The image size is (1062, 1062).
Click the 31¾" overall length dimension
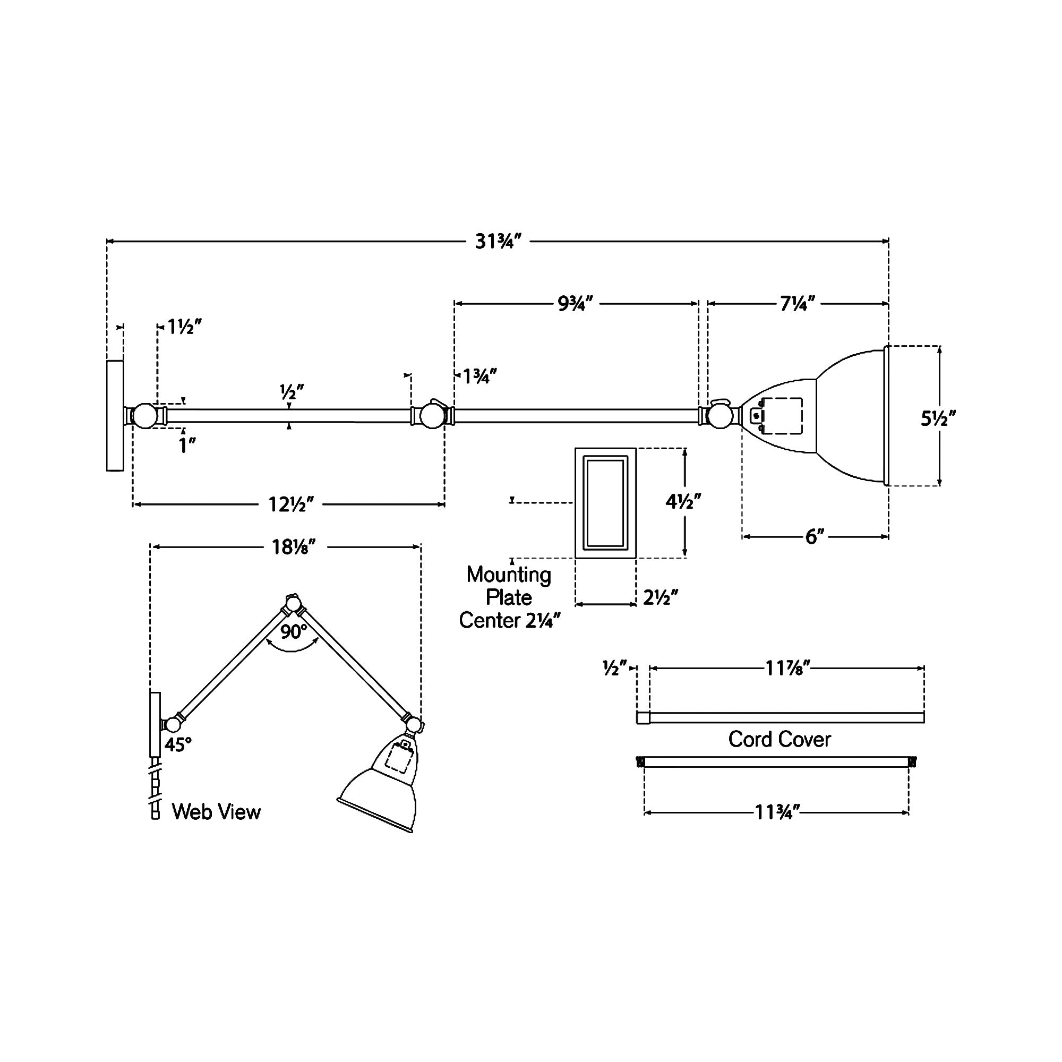498,241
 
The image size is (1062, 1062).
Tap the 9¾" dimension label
576,303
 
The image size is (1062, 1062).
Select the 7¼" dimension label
798,303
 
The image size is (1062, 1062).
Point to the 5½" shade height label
938,419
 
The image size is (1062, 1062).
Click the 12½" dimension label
291,504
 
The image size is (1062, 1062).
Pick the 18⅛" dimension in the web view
294,547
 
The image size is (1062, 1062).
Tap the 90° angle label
294,632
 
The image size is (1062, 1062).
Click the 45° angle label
178,745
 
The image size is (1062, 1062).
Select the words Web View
216,812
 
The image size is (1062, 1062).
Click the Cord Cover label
780,739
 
